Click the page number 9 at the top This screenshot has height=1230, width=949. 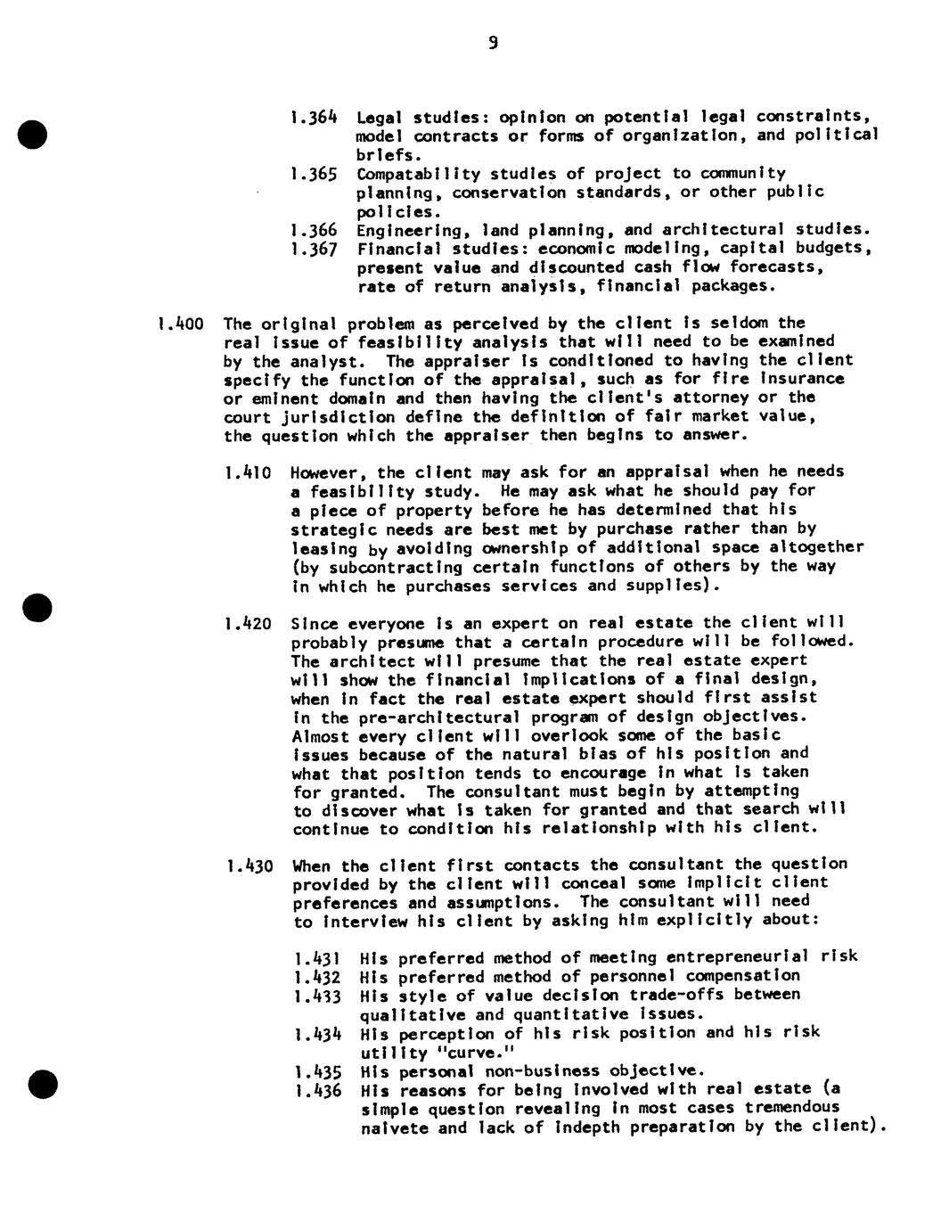pyautogui.click(x=493, y=43)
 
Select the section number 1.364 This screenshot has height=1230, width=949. pyautogui.click(x=314, y=117)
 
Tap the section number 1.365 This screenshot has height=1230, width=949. pyautogui.click(x=314, y=174)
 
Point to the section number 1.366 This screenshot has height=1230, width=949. pyautogui.click(x=314, y=230)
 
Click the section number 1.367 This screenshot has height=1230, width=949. pyautogui.click(x=314, y=249)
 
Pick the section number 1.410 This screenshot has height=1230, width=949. pyautogui.click(x=247, y=471)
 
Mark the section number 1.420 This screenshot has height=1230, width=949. pyautogui.click(x=248, y=623)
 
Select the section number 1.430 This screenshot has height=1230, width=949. pyautogui.click(x=248, y=865)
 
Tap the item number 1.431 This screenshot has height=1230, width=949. pyautogui.click(x=317, y=958)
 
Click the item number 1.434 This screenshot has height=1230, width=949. pyautogui.click(x=317, y=1034)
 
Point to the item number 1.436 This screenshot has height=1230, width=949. pyautogui.click(x=317, y=1090)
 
